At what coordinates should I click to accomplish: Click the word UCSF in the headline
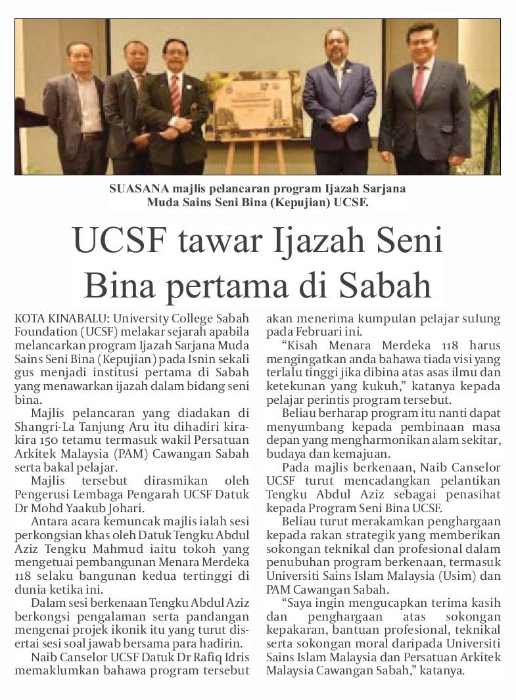point(120,241)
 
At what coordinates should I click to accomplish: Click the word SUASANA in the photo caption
point(134,188)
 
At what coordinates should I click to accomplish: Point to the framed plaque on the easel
point(253,105)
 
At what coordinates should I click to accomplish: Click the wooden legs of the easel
point(254,158)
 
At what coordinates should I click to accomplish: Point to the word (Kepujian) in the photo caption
point(304,203)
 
